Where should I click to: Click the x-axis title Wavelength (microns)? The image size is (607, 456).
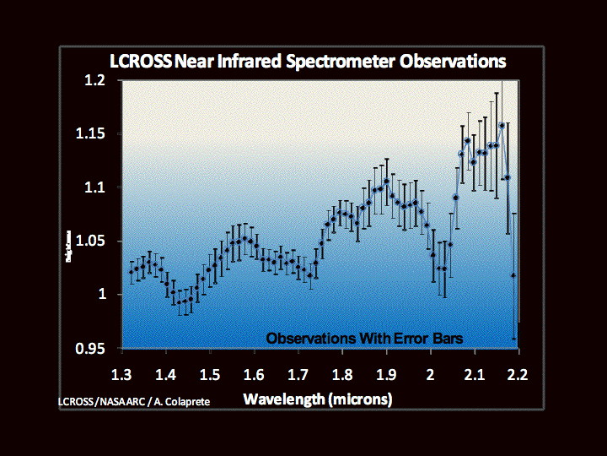[318, 398]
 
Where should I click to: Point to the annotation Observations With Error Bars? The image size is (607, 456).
[365, 338]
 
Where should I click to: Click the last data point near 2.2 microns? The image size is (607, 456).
[514, 275]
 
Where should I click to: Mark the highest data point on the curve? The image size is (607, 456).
[502, 125]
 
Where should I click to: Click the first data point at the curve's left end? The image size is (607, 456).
[131, 272]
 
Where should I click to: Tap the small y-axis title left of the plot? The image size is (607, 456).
[69, 245]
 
